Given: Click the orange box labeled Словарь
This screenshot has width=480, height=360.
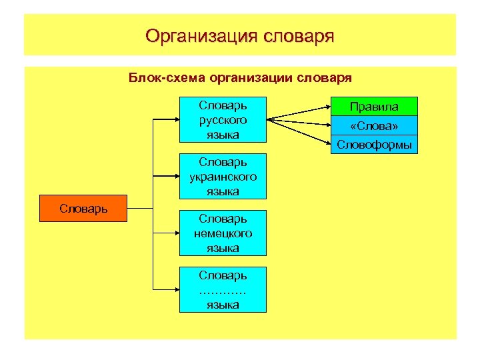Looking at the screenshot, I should coord(83,209).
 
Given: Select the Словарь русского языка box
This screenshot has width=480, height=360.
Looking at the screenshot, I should coord(223,120).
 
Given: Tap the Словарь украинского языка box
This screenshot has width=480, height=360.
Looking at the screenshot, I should coord(223,177).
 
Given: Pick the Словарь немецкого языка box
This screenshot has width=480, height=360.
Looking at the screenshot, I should coord(223,233).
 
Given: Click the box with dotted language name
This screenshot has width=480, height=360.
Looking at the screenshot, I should coord(223,290).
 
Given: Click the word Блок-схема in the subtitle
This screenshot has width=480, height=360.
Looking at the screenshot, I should coord(167,78).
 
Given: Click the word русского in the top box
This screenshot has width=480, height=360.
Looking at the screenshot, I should coord(223,120).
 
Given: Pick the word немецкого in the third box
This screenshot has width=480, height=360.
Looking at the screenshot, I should coord(223,233).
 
